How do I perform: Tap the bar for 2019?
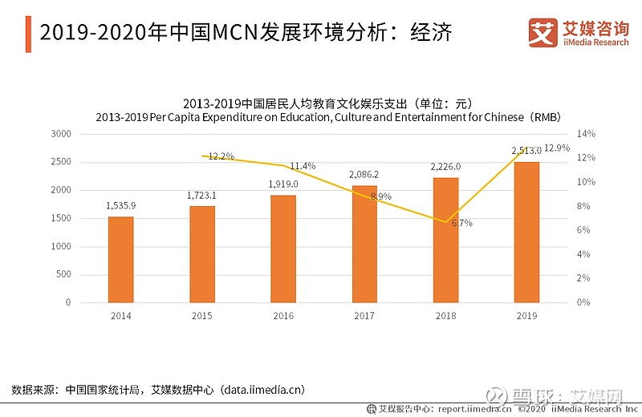(526, 232)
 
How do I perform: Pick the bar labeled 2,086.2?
(364, 244)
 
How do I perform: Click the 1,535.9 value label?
(120, 206)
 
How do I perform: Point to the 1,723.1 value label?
(202, 196)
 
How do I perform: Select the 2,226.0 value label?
(445, 167)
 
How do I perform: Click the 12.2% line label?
(221, 156)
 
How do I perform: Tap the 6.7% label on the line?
(461, 224)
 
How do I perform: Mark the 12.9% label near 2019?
(556, 148)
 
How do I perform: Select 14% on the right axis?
(586, 134)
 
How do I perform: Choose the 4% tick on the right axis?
(583, 254)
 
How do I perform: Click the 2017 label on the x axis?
(364, 316)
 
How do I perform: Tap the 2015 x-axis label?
(202, 316)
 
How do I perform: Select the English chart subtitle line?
(327, 117)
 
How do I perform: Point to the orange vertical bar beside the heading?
(29, 33)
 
